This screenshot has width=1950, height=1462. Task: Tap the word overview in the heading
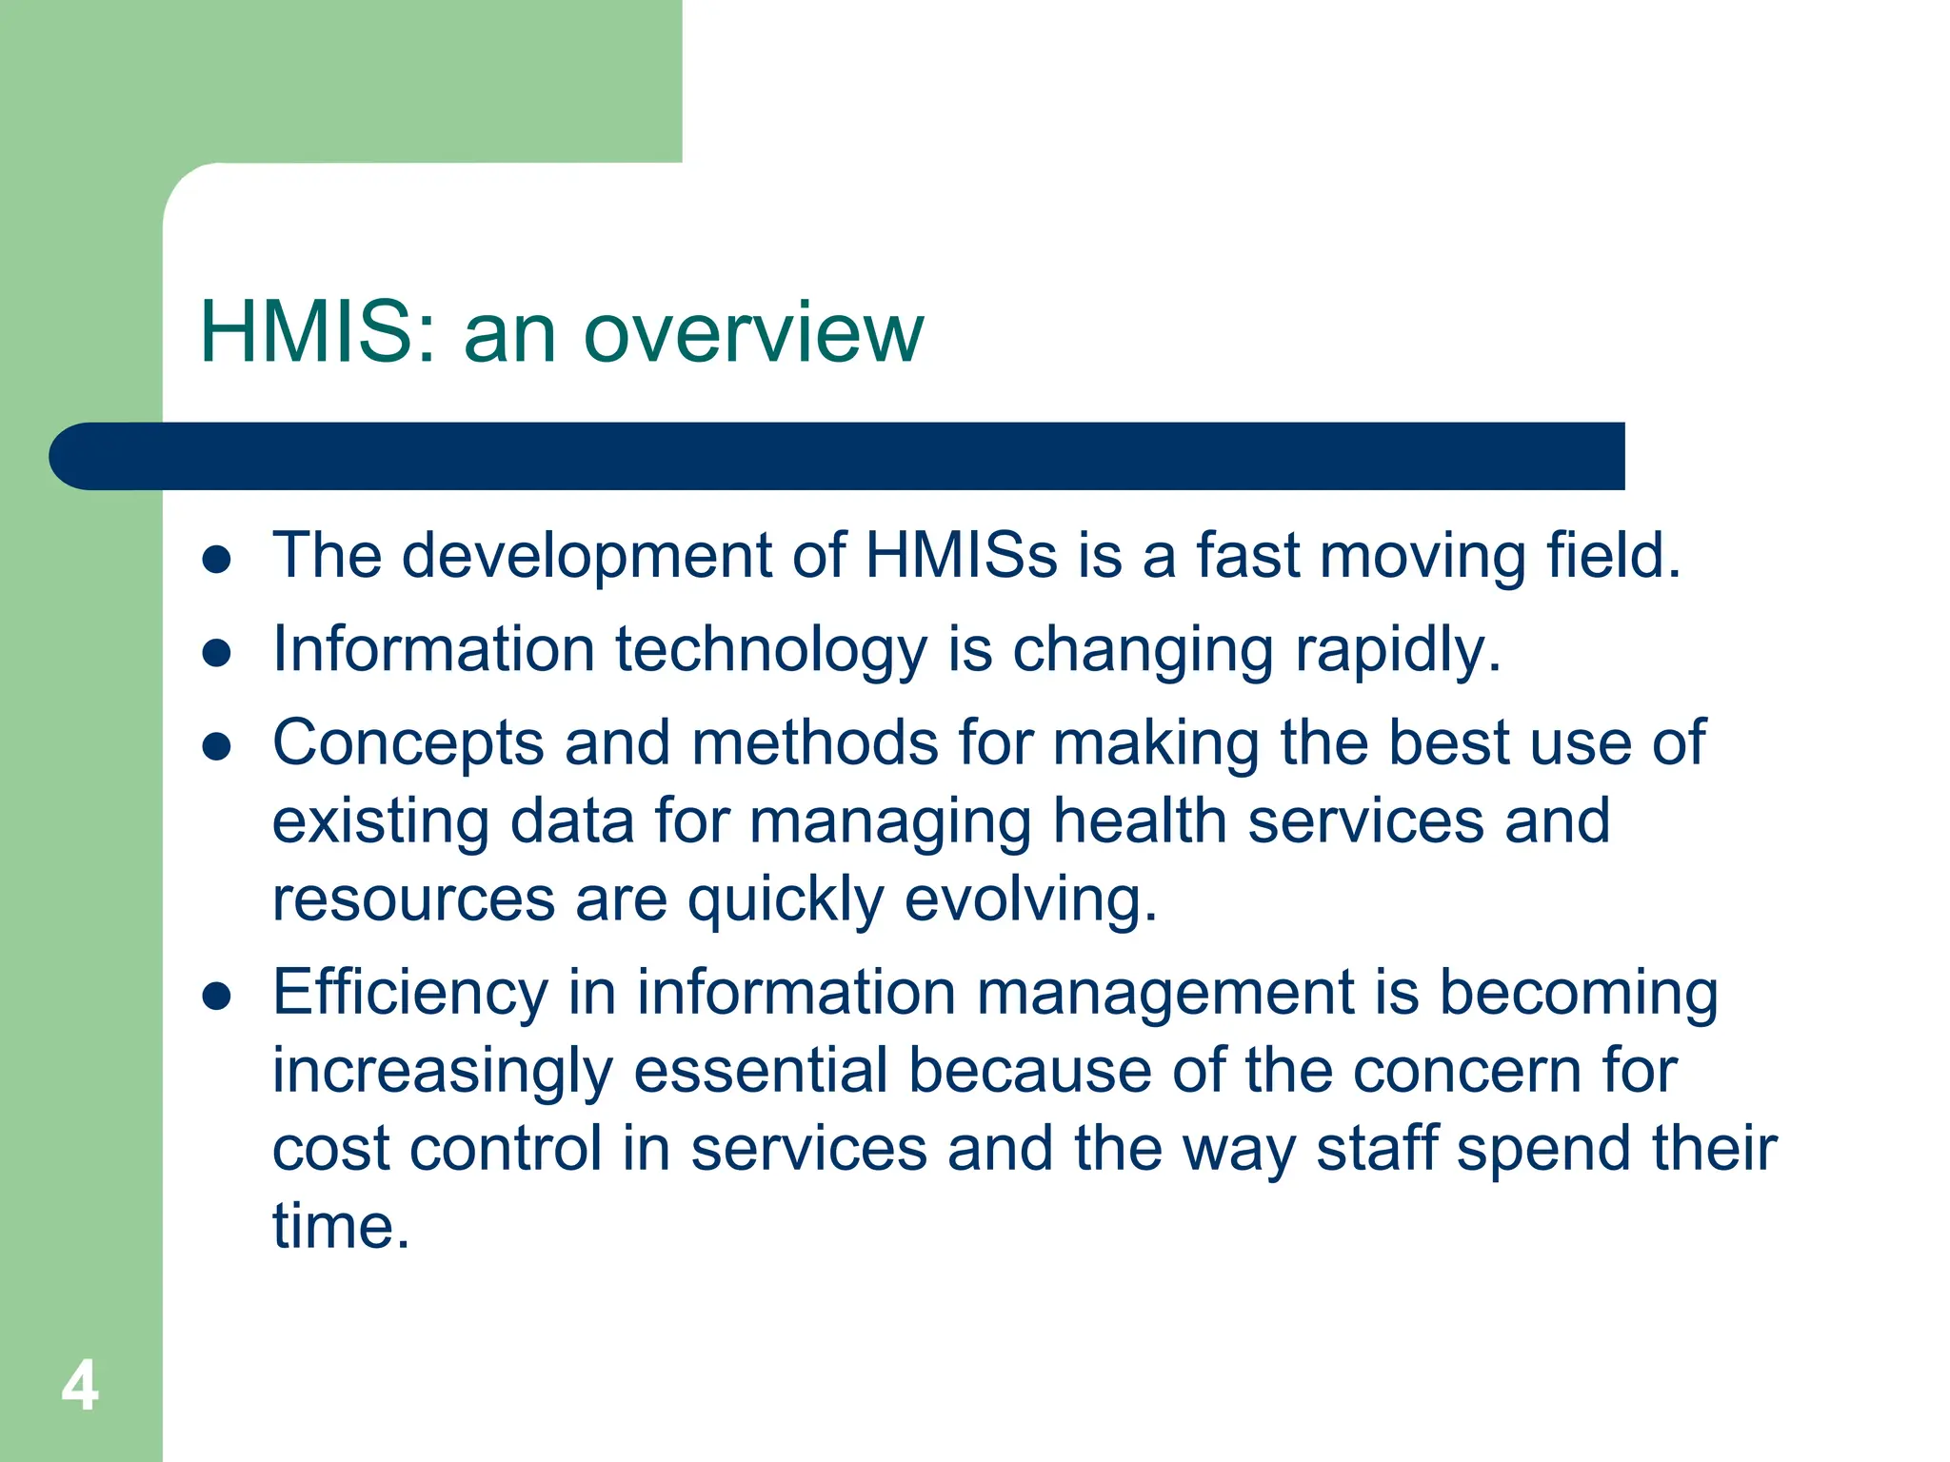[752, 334]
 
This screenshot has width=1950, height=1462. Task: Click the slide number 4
[80, 1386]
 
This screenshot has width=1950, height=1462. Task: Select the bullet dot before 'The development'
[217, 560]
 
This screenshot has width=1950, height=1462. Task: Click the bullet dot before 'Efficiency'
[217, 996]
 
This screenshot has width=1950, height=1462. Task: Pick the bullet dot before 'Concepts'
[217, 746]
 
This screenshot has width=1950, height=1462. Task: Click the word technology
[770, 649]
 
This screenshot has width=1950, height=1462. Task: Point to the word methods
[815, 742]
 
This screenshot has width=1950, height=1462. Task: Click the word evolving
[1030, 900]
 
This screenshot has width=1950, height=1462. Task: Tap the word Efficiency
[410, 994]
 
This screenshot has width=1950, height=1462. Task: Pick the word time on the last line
[340, 1226]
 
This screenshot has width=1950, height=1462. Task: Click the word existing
[380, 822]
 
